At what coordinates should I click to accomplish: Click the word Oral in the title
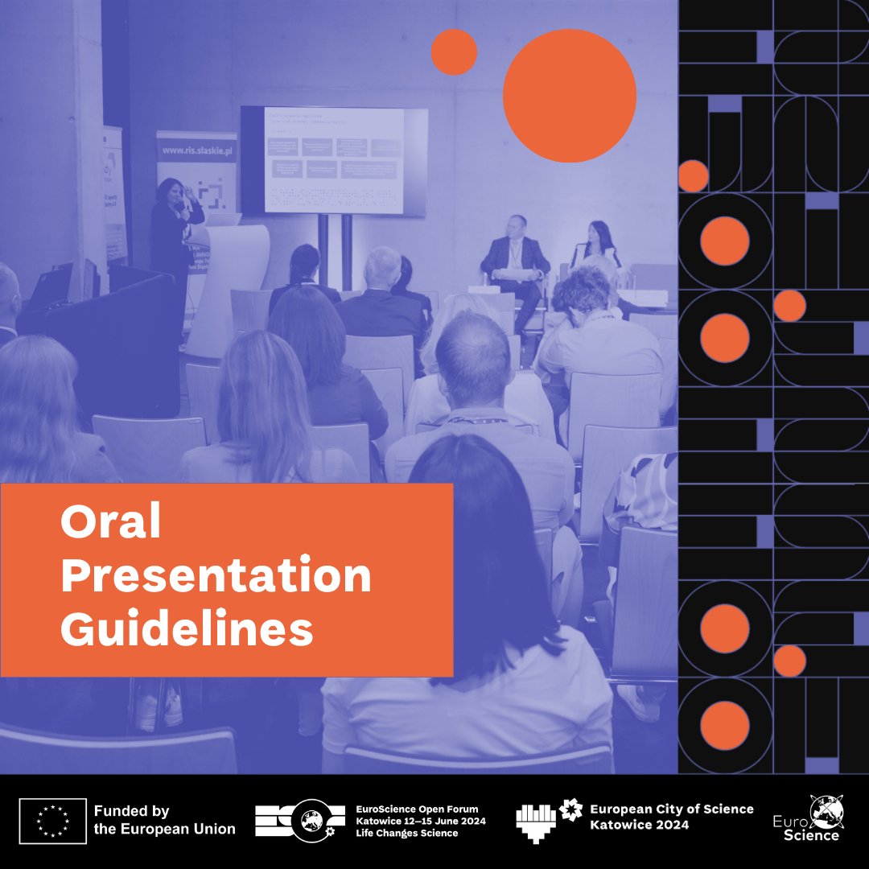click(x=111, y=524)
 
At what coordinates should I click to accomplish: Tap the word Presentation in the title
click(x=216, y=576)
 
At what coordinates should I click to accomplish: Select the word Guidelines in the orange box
click(x=187, y=629)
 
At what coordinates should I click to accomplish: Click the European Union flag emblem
click(x=52, y=821)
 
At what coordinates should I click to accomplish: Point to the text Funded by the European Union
click(x=164, y=820)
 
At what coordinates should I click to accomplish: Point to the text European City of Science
click(x=671, y=809)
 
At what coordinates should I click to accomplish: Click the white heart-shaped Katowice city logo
click(x=537, y=822)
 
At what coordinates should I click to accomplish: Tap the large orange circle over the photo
click(x=569, y=95)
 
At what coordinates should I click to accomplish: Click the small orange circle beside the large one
click(x=454, y=52)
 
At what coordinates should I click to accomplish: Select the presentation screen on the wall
click(x=333, y=161)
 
